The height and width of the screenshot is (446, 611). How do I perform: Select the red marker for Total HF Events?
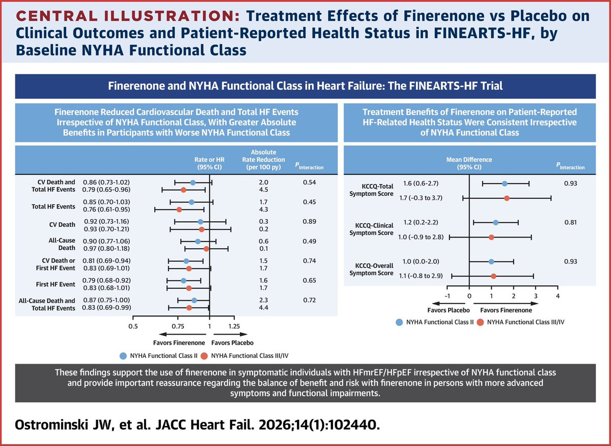pyautogui.click(x=179, y=210)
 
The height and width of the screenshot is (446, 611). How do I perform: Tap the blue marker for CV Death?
pyautogui.click(x=201, y=222)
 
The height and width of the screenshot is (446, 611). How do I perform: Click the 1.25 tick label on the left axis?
pyautogui.click(x=234, y=326)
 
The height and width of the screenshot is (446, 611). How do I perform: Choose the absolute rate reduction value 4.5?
pyautogui.click(x=264, y=190)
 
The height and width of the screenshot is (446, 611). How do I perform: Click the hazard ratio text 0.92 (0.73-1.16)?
pyautogui.click(x=106, y=222)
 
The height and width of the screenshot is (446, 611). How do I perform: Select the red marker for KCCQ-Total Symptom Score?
pyautogui.click(x=507, y=198)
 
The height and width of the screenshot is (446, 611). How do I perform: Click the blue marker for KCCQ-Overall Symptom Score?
pyautogui.click(x=491, y=261)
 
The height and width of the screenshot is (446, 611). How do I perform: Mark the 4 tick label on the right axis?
pyautogui.click(x=558, y=296)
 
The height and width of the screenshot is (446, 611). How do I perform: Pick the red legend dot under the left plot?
pyautogui.click(x=204, y=356)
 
